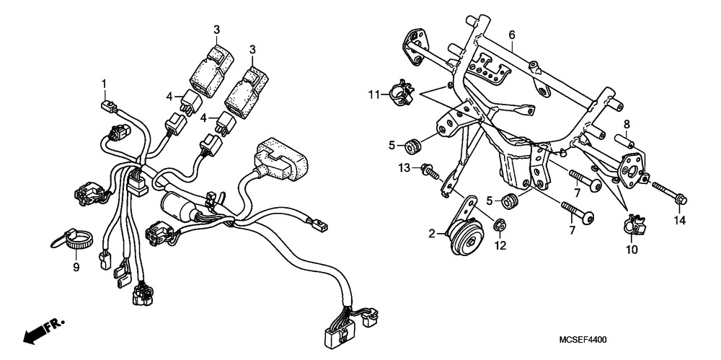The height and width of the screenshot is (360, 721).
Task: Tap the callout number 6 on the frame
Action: pos(512,35)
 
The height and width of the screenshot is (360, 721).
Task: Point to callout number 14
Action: pos(678,220)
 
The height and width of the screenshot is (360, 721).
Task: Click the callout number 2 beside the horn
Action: pos(431,234)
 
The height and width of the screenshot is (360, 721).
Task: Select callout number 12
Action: pos(500,245)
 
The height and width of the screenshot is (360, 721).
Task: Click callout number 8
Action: pos(627,123)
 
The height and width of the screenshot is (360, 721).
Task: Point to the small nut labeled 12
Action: pos(500,229)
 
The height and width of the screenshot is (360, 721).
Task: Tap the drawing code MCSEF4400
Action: pos(582,339)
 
